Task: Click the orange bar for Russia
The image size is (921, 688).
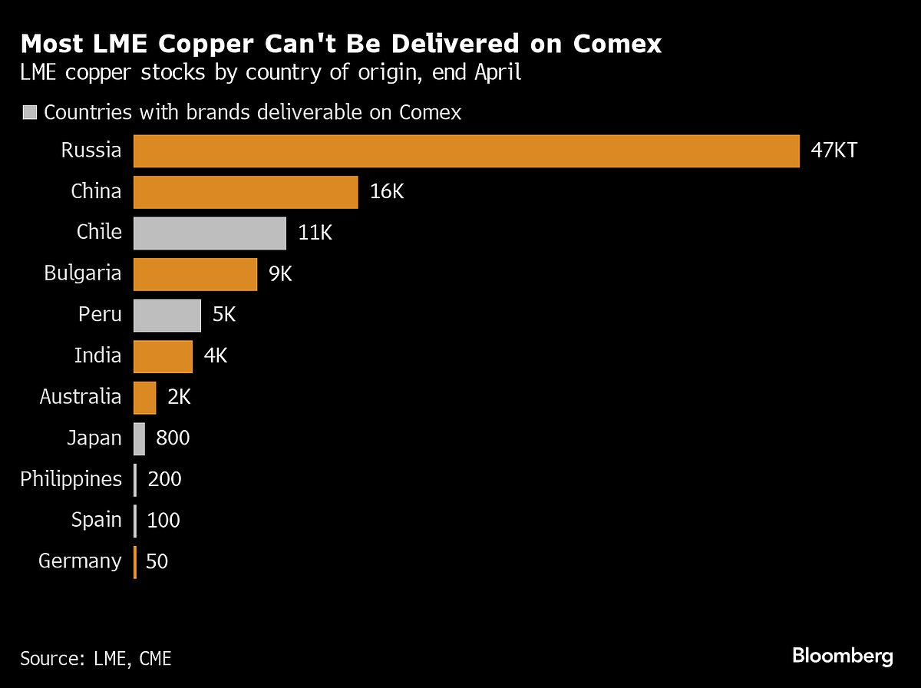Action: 467,150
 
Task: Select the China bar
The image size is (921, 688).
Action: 246,192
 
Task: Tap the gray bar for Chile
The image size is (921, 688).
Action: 210,233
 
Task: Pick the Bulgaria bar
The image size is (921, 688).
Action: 195,274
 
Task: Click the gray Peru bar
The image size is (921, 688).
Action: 167,315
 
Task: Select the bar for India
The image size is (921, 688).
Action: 163,356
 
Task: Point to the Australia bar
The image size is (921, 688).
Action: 145,397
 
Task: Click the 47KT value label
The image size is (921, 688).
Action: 834,150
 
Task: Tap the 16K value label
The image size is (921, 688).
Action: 387,192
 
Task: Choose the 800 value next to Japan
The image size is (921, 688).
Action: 173,438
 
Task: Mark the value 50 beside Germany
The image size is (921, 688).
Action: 157,561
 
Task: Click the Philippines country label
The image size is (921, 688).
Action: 71,480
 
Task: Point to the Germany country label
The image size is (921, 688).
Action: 80,561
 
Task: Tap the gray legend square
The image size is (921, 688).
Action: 31,113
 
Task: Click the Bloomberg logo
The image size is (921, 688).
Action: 843,657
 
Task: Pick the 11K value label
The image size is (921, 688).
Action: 315,233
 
